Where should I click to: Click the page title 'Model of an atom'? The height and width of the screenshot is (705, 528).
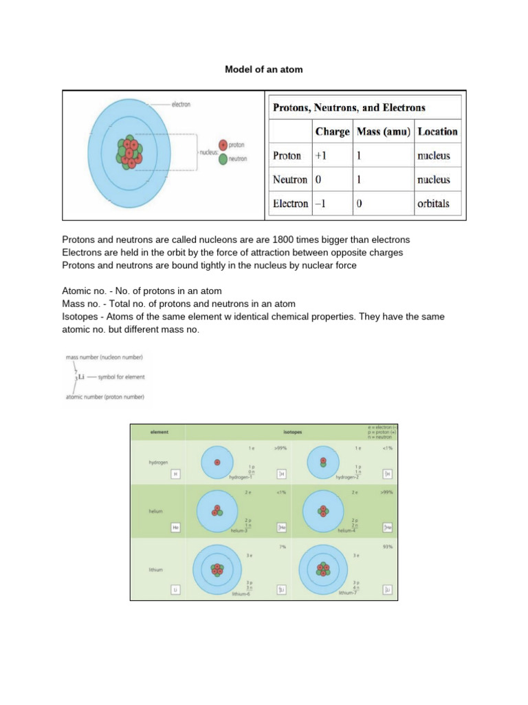(x=264, y=70)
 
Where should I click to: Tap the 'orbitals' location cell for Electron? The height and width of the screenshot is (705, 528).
(x=433, y=204)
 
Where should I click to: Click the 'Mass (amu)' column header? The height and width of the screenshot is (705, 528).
(x=384, y=131)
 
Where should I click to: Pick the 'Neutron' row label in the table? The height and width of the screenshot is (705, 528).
(x=289, y=180)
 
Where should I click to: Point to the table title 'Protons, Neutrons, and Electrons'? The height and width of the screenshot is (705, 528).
(x=349, y=107)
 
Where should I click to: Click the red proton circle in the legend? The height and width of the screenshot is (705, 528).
(x=223, y=145)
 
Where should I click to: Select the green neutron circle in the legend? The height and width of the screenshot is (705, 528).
(x=223, y=158)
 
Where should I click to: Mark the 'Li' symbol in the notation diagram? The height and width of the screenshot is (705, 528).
(x=81, y=377)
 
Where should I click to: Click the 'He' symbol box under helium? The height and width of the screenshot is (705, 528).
(x=176, y=527)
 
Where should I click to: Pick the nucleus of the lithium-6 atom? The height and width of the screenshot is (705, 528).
(x=217, y=570)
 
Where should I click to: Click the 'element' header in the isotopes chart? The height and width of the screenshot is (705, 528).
(x=159, y=432)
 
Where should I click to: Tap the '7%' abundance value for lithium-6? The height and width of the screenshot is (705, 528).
(x=281, y=547)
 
